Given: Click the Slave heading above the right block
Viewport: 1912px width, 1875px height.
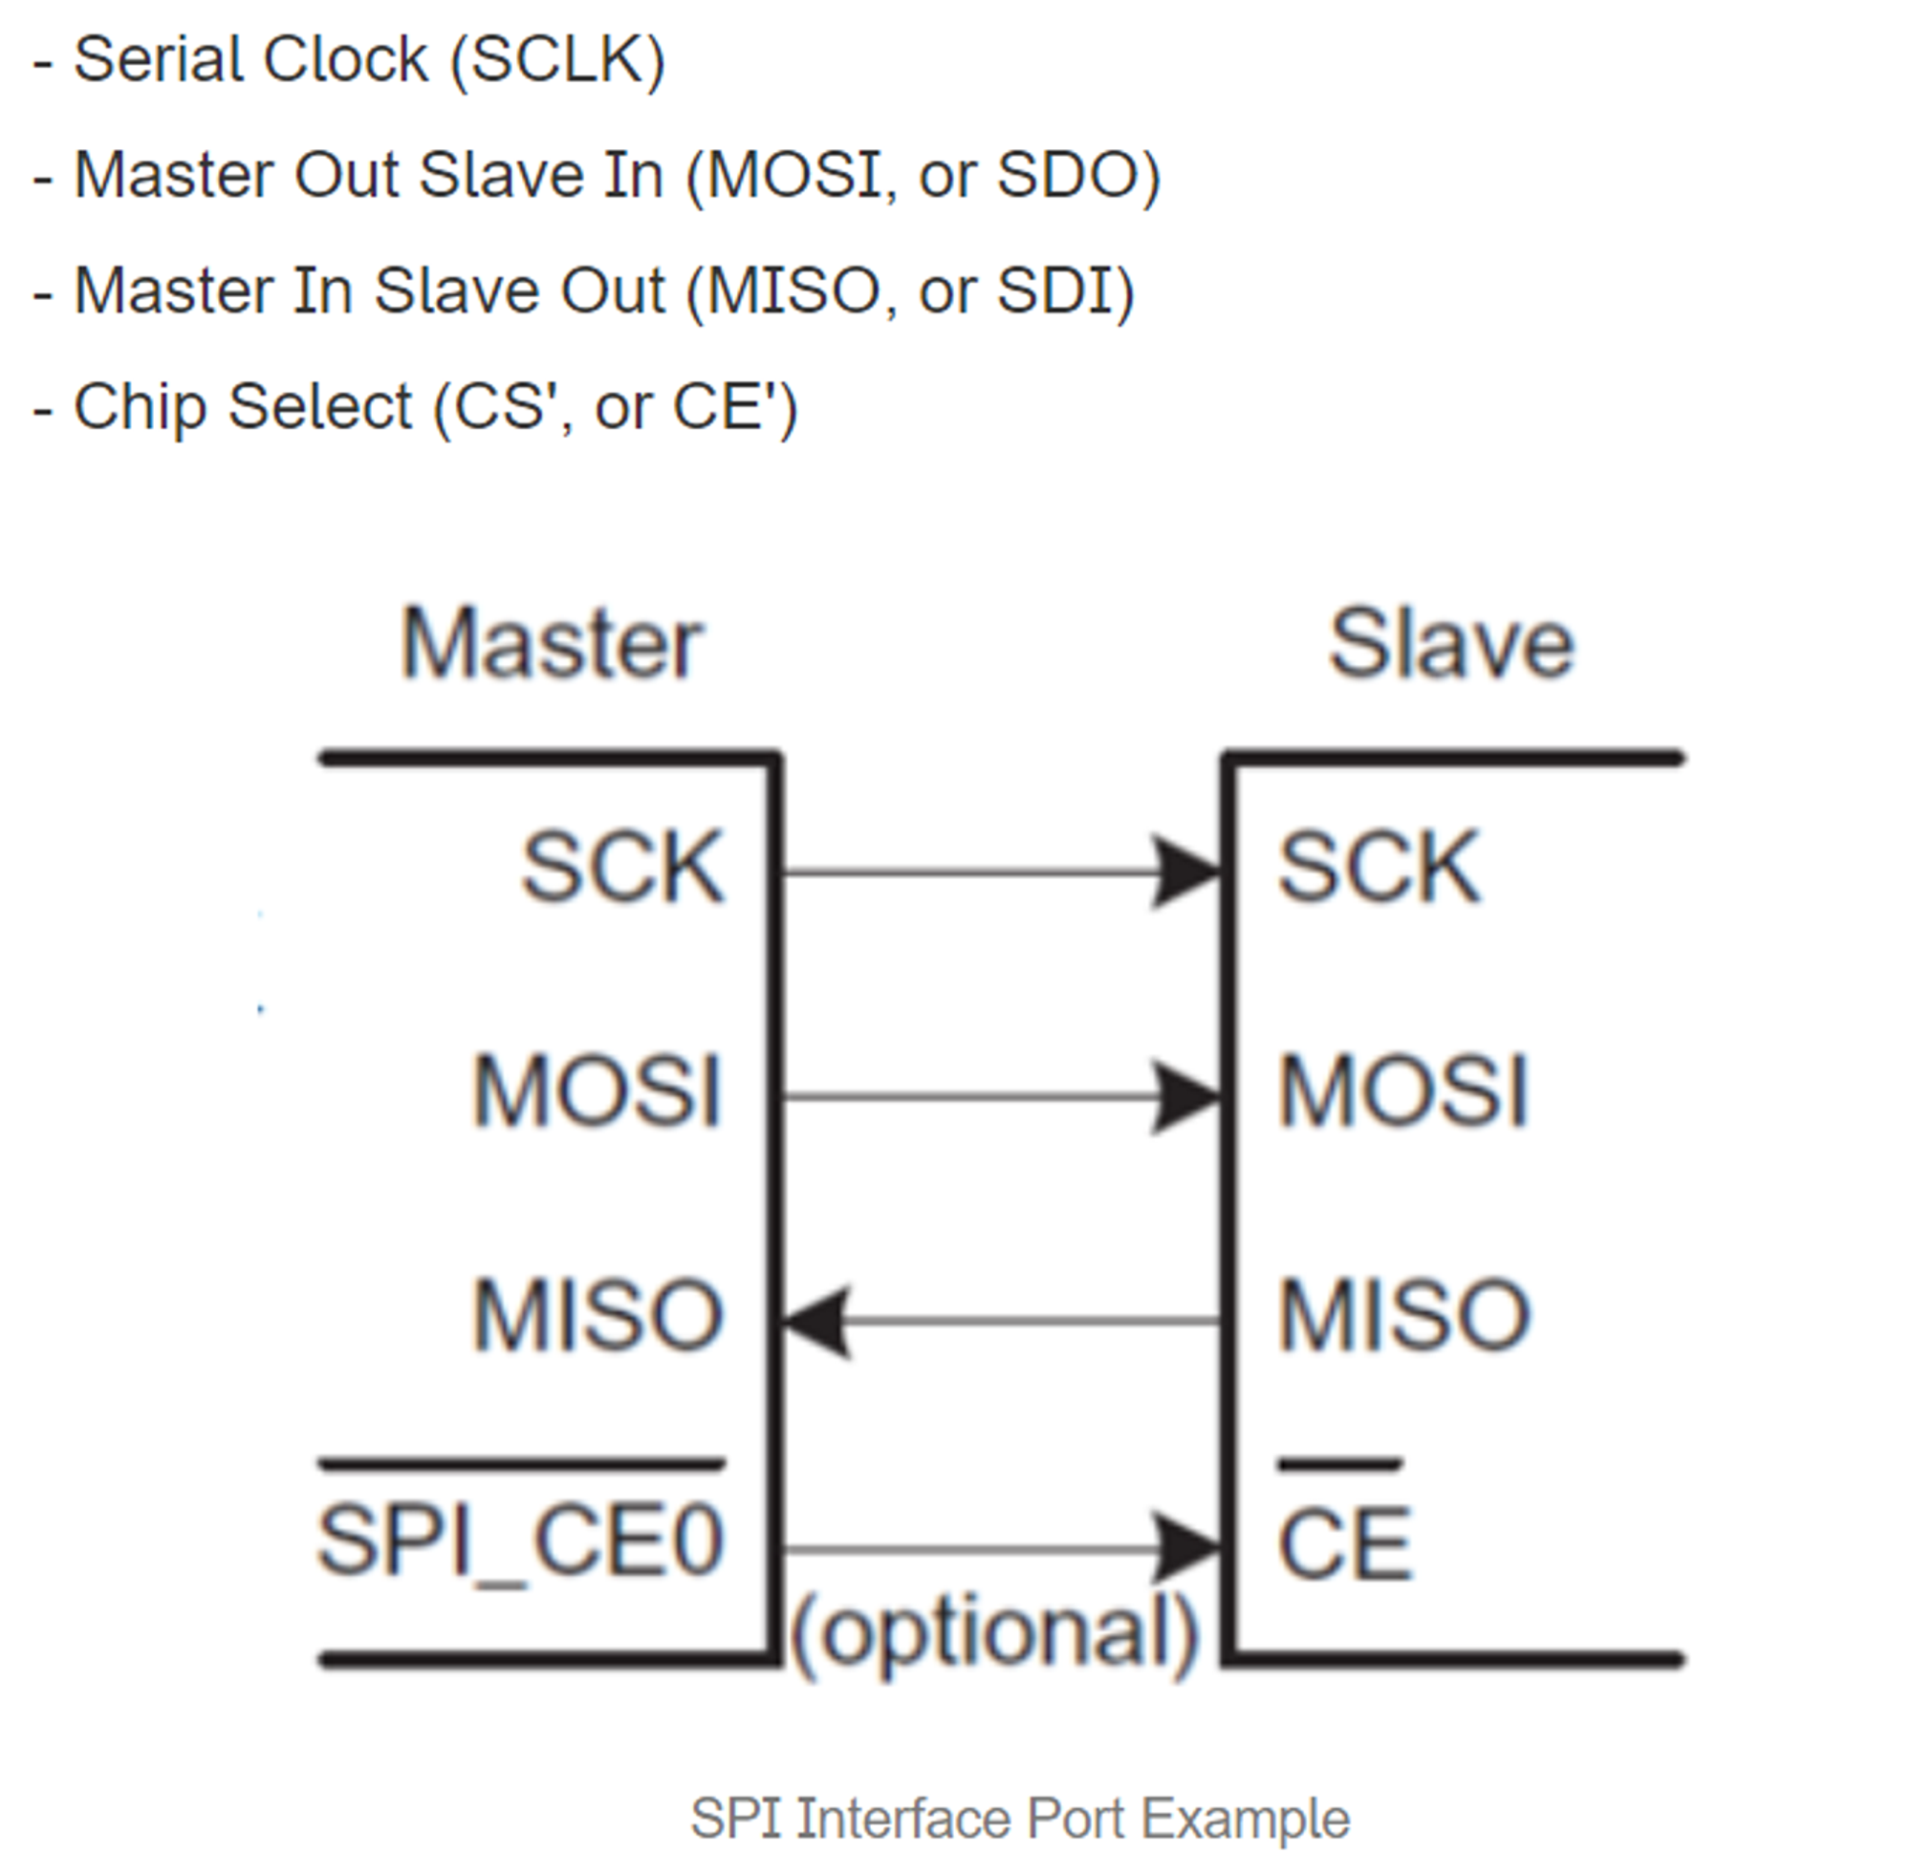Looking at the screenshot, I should pyautogui.click(x=1451, y=644).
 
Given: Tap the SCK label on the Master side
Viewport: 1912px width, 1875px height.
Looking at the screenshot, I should pyautogui.click(x=622, y=867).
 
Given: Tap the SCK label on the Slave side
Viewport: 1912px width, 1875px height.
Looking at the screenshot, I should pyautogui.click(x=1379, y=867).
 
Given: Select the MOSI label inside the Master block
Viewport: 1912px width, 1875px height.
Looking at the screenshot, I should pyautogui.click(x=597, y=1091).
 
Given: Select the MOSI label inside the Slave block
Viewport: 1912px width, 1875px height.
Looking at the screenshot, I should pyautogui.click(x=1402, y=1091).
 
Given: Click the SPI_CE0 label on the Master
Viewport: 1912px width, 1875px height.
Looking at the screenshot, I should pyautogui.click(x=520, y=1541).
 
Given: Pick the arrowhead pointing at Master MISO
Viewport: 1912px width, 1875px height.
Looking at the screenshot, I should pyautogui.click(x=815, y=1322).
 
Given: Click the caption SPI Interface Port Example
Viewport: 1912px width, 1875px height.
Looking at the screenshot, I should pyautogui.click(x=1019, y=1818).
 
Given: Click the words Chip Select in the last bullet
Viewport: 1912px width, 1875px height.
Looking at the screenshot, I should pyautogui.click(x=242, y=407).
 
